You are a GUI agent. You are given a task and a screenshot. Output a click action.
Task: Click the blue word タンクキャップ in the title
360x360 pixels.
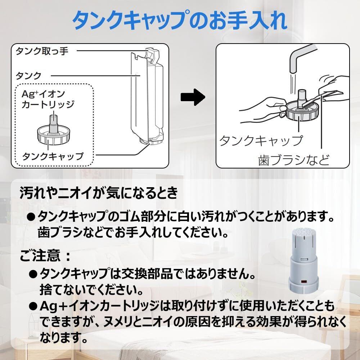[133, 21]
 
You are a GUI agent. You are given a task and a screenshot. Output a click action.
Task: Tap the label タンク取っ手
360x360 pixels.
[42, 51]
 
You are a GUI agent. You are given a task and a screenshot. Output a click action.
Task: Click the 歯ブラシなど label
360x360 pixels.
[293, 159]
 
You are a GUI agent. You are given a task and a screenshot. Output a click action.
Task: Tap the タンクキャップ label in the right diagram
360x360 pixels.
[261, 140]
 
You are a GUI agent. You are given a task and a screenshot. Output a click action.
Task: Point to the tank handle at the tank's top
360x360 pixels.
[153, 54]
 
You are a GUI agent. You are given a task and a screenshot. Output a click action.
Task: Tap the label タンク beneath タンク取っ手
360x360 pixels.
[28, 76]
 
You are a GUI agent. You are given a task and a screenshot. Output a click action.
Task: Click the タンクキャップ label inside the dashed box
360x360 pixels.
[53, 156]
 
